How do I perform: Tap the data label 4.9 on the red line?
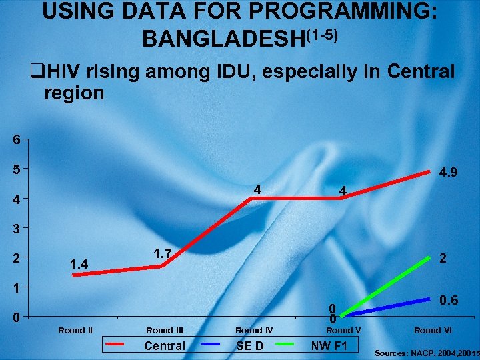click(449, 173)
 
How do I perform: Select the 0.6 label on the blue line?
click(449, 301)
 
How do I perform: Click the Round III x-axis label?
click(165, 330)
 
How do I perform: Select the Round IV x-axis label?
click(254, 330)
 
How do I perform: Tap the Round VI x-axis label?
click(433, 330)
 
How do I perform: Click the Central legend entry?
click(165, 345)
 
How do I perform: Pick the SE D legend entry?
click(250, 345)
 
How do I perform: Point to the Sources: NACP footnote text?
click(427, 351)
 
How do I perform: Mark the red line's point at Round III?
click(161, 267)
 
